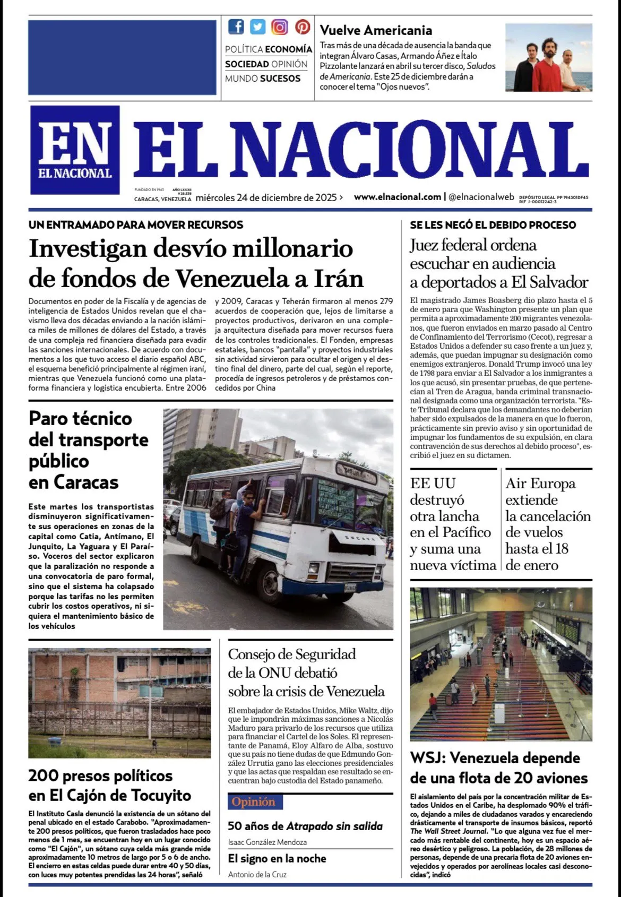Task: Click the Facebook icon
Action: coord(236,27)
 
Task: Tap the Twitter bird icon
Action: coord(258,27)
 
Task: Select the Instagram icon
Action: coord(280,27)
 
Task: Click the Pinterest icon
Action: coord(303,27)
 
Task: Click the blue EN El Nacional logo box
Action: coord(75,150)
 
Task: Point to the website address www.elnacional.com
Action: coord(397,197)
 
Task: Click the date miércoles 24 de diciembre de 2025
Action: coord(266,198)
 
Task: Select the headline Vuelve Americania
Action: coord(376,30)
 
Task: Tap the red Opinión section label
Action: coord(254,801)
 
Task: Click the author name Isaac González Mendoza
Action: coord(267,842)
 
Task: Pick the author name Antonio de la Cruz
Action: coord(257,874)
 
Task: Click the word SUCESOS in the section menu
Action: coord(280,79)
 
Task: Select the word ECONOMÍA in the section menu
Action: coord(288,49)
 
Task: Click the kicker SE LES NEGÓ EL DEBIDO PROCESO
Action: coord(493,225)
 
